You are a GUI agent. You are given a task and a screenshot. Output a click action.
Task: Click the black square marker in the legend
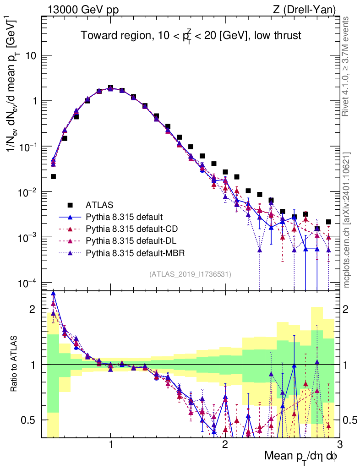(x=70, y=204)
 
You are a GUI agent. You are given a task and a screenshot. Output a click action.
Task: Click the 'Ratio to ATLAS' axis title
(x=15, y=364)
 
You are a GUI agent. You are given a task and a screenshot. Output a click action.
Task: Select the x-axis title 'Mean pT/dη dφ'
(x=301, y=456)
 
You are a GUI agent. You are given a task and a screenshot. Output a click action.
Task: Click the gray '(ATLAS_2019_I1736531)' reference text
(x=190, y=274)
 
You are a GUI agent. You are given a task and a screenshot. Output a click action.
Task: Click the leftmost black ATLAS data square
(x=53, y=176)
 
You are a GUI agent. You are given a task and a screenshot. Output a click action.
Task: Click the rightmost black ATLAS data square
(x=328, y=222)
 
